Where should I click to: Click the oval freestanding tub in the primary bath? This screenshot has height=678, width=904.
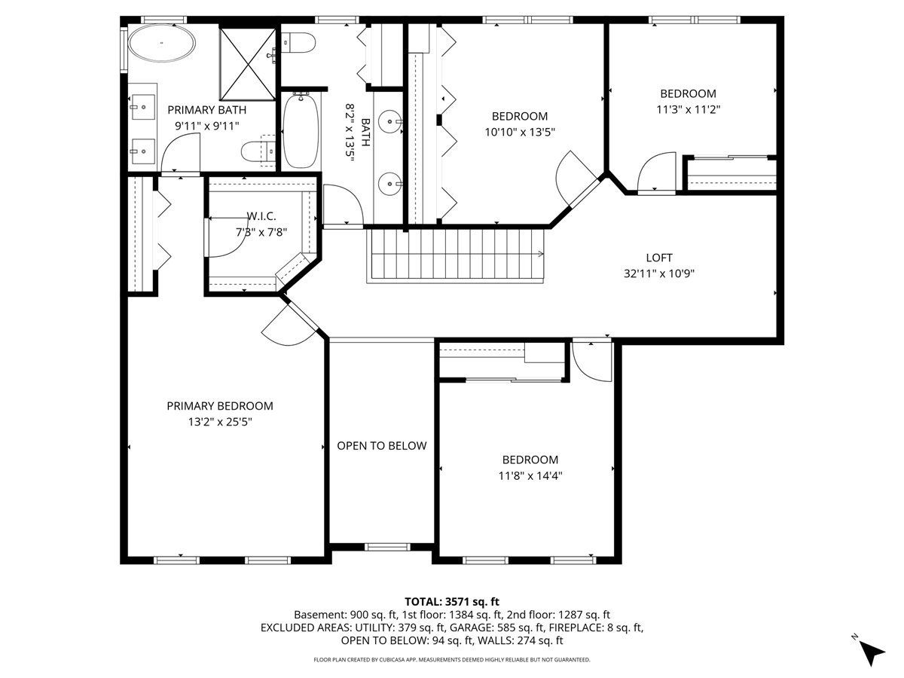click(161, 43)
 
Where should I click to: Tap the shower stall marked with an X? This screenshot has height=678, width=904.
click(248, 64)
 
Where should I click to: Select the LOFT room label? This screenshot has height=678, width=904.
click(659, 258)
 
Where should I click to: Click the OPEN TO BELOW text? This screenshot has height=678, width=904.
click(382, 446)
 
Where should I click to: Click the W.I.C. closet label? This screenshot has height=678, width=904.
click(261, 216)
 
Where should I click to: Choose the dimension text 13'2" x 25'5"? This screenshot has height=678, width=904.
click(220, 422)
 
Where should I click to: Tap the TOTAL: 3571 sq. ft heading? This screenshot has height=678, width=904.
click(452, 602)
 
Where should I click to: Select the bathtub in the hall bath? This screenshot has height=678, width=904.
click(301, 130)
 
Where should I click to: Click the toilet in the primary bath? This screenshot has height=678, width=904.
click(258, 152)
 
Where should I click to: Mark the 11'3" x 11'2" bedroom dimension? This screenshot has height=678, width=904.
click(689, 109)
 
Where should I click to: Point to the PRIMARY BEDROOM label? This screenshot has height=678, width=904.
click(220, 406)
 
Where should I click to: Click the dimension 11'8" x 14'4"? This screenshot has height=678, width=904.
click(530, 476)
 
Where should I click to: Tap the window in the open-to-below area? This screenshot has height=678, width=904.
click(387, 547)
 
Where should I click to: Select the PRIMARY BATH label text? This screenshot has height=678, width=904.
click(206, 110)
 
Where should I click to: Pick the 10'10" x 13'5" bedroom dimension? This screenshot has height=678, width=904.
click(520, 132)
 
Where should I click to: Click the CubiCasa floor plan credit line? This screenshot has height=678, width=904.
click(452, 660)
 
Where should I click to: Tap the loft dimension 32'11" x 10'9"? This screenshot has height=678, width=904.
click(659, 273)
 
